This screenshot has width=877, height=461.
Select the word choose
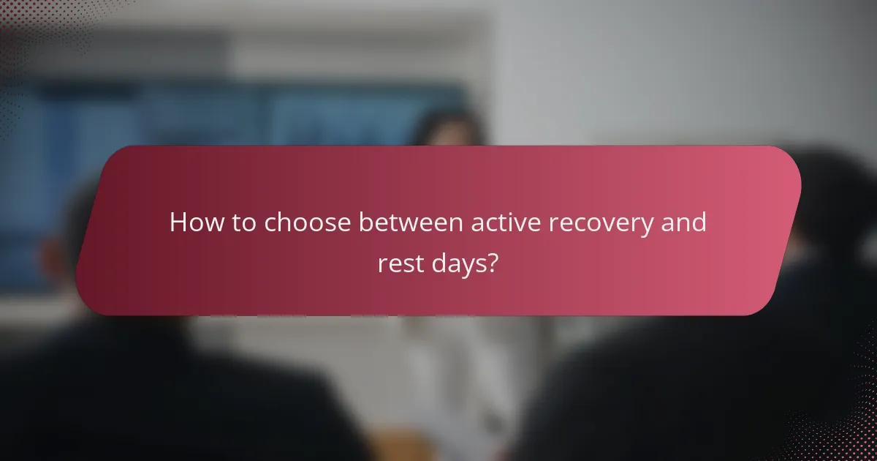click(x=306, y=223)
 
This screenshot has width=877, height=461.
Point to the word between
click(x=410, y=222)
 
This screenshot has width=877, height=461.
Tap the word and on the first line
click(x=684, y=222)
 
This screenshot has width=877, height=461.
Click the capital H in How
click(x=178, y=222)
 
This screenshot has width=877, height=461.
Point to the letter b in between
click(x=364, y=222)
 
